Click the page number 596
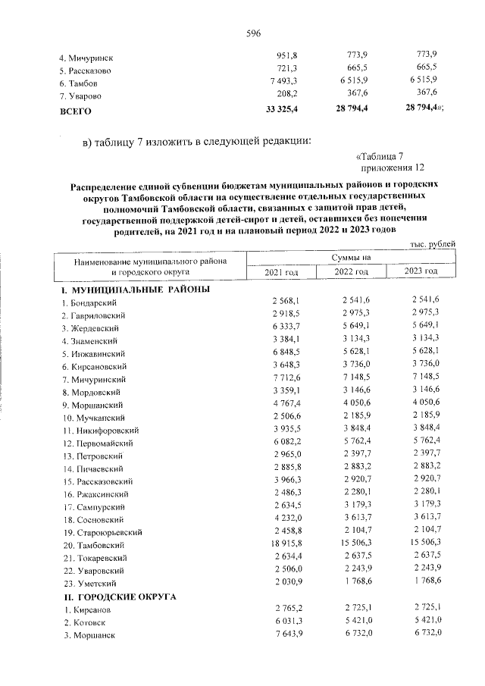point(254,33)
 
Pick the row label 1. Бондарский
point(86,302)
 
